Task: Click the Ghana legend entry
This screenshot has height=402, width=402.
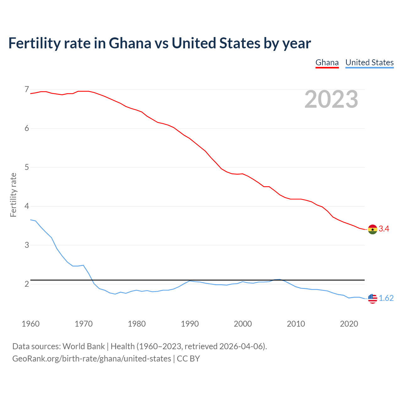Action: click(327, 62)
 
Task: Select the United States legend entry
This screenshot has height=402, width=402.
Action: click(369, 62)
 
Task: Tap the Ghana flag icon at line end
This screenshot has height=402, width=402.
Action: click(372, 229)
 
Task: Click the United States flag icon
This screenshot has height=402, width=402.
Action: click(372, 298)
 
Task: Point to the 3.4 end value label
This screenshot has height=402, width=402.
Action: click(384, 229)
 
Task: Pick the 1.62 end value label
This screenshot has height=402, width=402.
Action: click(386, 298)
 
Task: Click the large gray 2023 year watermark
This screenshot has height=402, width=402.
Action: click(331, 99)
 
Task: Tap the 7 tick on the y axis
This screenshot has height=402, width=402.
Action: click(27, 90)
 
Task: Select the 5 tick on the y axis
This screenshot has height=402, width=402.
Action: click(27, 167)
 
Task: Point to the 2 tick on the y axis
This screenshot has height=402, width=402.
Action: click(27, 284)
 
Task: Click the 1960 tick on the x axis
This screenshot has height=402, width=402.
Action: click(30, 324)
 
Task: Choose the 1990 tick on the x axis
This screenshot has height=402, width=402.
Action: click(190, 324)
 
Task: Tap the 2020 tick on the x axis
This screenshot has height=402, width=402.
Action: click(349, 324)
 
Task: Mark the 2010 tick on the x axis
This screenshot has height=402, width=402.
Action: click(296, 324)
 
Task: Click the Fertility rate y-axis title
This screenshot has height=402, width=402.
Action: click(13, 195)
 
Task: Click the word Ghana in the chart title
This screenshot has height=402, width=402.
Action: click(130, 43)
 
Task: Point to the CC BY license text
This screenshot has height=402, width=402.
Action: click(188, 359)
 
